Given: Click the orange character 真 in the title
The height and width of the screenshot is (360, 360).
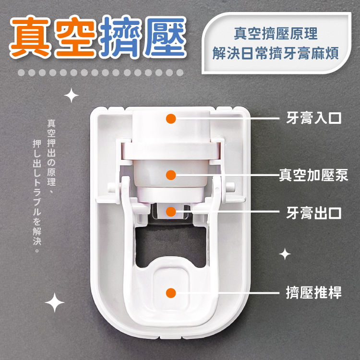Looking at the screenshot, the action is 30,37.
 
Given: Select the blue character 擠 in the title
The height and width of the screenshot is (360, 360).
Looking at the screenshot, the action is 120,37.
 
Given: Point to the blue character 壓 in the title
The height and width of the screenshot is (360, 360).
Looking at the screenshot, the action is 165,37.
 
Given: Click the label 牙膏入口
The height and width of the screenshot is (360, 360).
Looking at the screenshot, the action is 313,118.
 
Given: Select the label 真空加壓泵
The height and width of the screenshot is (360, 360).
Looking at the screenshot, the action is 313,175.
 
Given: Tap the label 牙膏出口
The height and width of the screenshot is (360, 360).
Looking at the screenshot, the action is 313,213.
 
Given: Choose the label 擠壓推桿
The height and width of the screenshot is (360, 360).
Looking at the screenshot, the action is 313,292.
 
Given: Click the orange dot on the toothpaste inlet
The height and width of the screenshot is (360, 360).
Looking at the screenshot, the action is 171,119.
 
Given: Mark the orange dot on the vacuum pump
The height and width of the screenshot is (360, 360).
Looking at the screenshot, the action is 171,175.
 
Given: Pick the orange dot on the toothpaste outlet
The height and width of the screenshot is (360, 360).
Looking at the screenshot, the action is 171,212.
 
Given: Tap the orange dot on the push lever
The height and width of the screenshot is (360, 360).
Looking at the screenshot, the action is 171,293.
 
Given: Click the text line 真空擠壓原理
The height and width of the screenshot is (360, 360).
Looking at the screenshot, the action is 276,34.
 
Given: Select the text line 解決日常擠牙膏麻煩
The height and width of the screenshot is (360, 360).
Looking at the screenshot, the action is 276,53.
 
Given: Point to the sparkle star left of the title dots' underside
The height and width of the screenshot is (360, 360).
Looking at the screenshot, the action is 71,96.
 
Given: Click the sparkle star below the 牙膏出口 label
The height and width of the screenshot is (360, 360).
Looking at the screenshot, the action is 285,254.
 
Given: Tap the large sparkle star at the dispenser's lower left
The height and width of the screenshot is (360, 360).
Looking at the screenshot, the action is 55,302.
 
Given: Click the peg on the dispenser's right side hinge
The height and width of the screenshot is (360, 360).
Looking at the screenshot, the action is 230,187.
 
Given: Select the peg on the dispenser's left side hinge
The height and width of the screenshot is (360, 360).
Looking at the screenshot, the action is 111,187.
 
